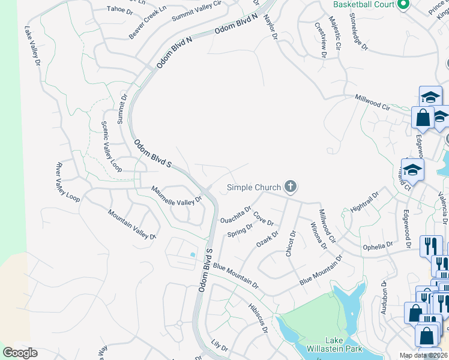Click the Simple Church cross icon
tap(291, 187)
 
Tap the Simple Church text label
tap(253, 188)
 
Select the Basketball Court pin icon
tap(403, 5)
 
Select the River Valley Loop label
tap(68, 181)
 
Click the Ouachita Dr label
tap(236, 214)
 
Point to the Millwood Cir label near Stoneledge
tap(372, 101)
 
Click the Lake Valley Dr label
tap(32, 45)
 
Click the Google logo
tap(20, 353)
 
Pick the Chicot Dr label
tap(291, 243)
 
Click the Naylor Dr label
tap(270, 28)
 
